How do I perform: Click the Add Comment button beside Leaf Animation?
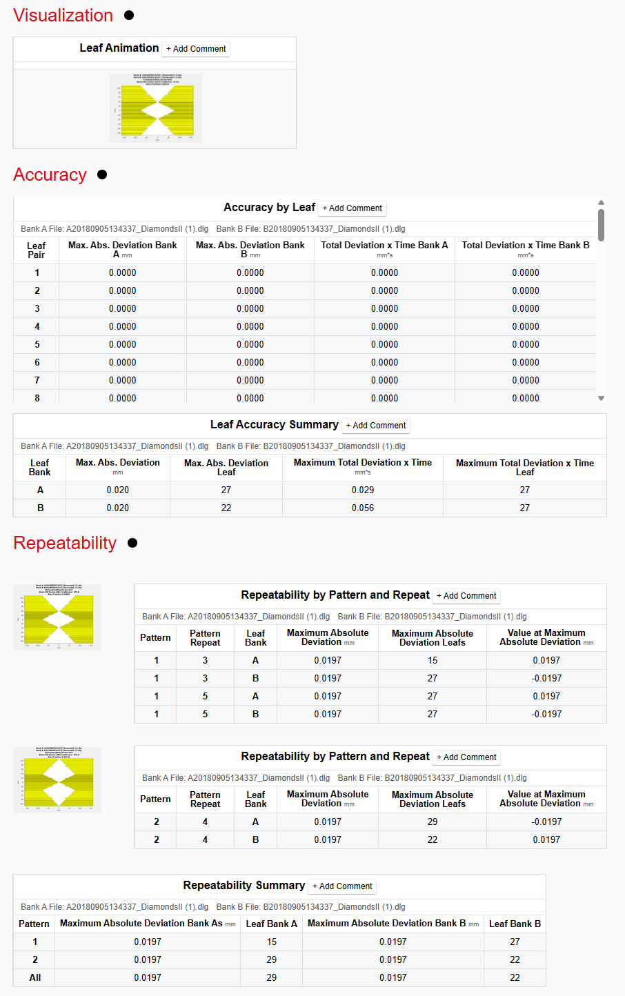(x=196, y=49)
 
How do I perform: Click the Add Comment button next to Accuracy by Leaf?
(x=352, y=208)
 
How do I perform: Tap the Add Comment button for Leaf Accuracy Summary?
(x=376, y=426)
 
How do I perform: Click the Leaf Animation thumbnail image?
(x=156, y=108)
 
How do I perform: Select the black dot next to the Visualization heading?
(x=129, y=15)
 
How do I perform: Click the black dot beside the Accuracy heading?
(x=102, y=175)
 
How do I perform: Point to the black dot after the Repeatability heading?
(x=132, y=543)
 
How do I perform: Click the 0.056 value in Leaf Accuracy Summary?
(x=363, y=508)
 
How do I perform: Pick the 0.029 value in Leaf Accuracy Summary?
(x=363, y=490)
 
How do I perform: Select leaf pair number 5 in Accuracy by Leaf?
(x=37, y=344)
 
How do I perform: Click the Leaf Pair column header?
(x=37, y=250)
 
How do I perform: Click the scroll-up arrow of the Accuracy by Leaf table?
(x=601, y=203)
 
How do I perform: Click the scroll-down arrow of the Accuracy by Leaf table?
(x=601, y=398)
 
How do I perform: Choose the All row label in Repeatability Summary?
(x=35, y=977)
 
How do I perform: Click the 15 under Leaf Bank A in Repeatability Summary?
(x=272, y=942)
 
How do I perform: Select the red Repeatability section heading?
(x=65, y=543)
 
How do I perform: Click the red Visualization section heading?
(x=63, y=15)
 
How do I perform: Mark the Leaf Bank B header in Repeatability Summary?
(x=515, y=924)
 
